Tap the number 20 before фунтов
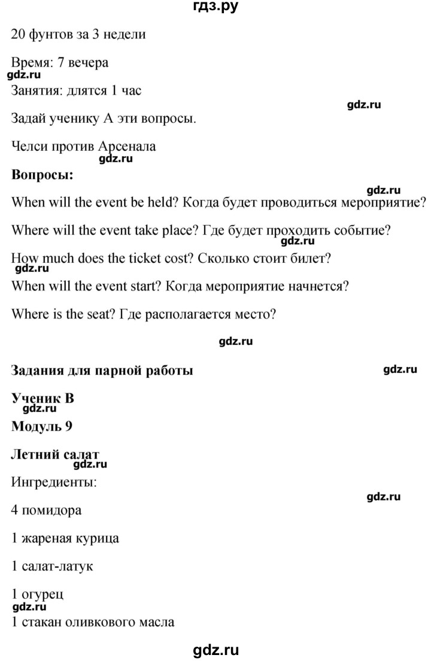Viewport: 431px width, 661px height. coord(18,35)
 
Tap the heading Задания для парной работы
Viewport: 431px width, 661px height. coord(102,371)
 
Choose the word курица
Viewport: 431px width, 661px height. coord(97,538)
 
